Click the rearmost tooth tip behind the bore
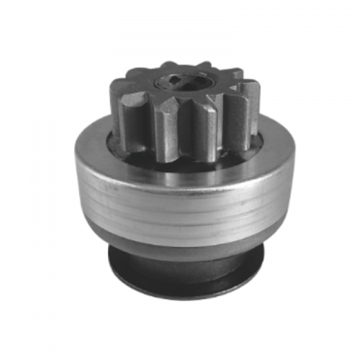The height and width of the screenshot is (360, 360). click(x=180, y=64)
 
